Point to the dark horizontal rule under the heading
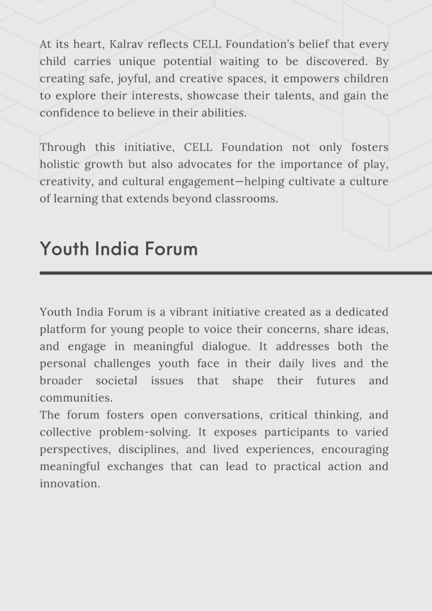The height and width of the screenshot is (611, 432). (x=236, y=273)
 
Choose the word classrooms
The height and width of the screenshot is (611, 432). (x=246, y=199)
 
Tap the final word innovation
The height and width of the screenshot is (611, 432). (x=69, y=484)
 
